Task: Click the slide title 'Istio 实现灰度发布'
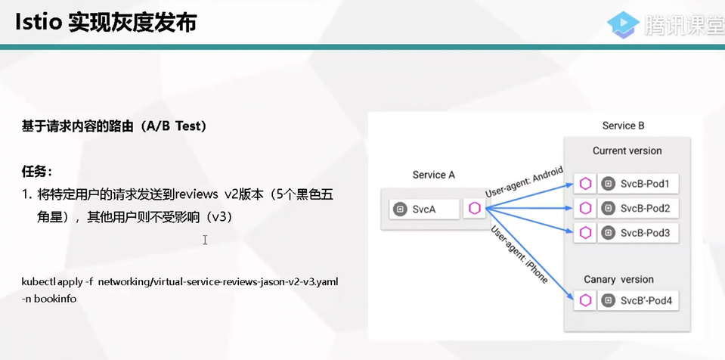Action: point(106,22)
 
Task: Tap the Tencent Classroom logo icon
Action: point(623,24)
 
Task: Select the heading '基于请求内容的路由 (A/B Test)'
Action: point(113,126)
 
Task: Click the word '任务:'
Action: point(37,172)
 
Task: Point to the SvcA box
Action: point(424,209)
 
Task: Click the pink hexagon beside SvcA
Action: point(475,209)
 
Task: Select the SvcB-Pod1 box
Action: point(637,184)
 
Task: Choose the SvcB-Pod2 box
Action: point(637,208)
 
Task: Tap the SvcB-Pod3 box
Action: point(637,233)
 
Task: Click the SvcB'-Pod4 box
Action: point(637,301)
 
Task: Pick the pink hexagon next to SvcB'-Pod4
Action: point(585,301)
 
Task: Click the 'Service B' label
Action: point(623,126)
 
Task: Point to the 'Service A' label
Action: point(434,175)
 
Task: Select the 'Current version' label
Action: point(627,151)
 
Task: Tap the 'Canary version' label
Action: point(618,280)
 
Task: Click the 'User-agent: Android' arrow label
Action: point(525,182)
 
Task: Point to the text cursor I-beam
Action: point(205,240)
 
